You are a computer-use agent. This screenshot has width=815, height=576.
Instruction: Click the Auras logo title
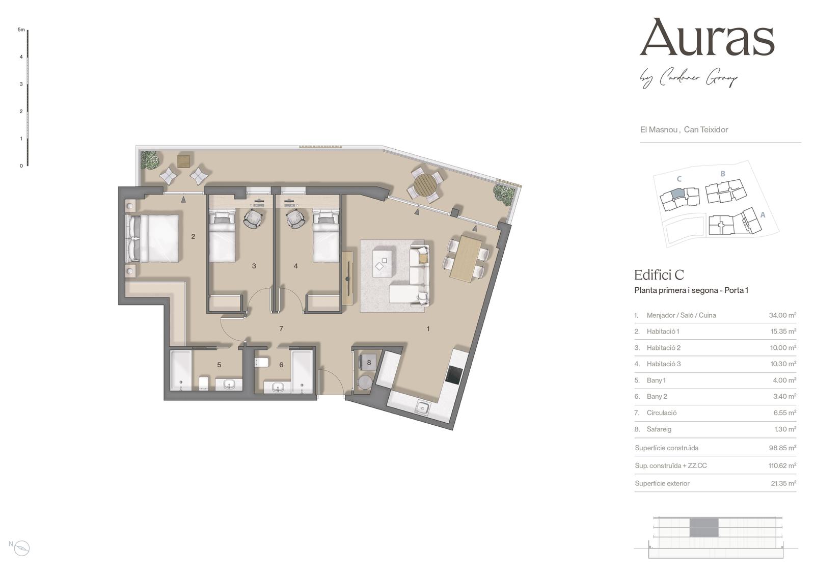pos(707,38)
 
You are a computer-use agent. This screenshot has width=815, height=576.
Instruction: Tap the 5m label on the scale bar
pos(21,30)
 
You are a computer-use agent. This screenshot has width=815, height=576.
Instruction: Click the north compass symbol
pos(22,548)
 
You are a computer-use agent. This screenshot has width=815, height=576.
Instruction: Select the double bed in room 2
pos(152,238)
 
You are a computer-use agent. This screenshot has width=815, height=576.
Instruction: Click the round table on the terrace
pos(425,184)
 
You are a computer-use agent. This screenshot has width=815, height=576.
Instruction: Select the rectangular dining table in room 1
pos(466,259)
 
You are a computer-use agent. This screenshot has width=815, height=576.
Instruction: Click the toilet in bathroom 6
pos(262,363)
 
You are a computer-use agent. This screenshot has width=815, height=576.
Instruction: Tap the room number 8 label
pos(369,363)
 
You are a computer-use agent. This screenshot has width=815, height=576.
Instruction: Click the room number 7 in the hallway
pos(281,328)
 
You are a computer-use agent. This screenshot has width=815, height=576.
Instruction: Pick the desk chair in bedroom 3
pos(253,220)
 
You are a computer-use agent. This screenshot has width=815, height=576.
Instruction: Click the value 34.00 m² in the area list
pos(782,315)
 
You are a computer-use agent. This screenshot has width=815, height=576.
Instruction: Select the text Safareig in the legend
pos(659,429)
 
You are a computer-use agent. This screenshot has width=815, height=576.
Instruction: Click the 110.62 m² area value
pos(782,465)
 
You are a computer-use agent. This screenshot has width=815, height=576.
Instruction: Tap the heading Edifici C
pos(659,275)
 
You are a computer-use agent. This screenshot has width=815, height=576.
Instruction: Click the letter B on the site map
pos(723,174)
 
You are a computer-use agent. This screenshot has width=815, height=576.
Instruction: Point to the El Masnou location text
pos(659,129)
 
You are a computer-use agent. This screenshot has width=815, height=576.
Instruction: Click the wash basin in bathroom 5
pos(229,385)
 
